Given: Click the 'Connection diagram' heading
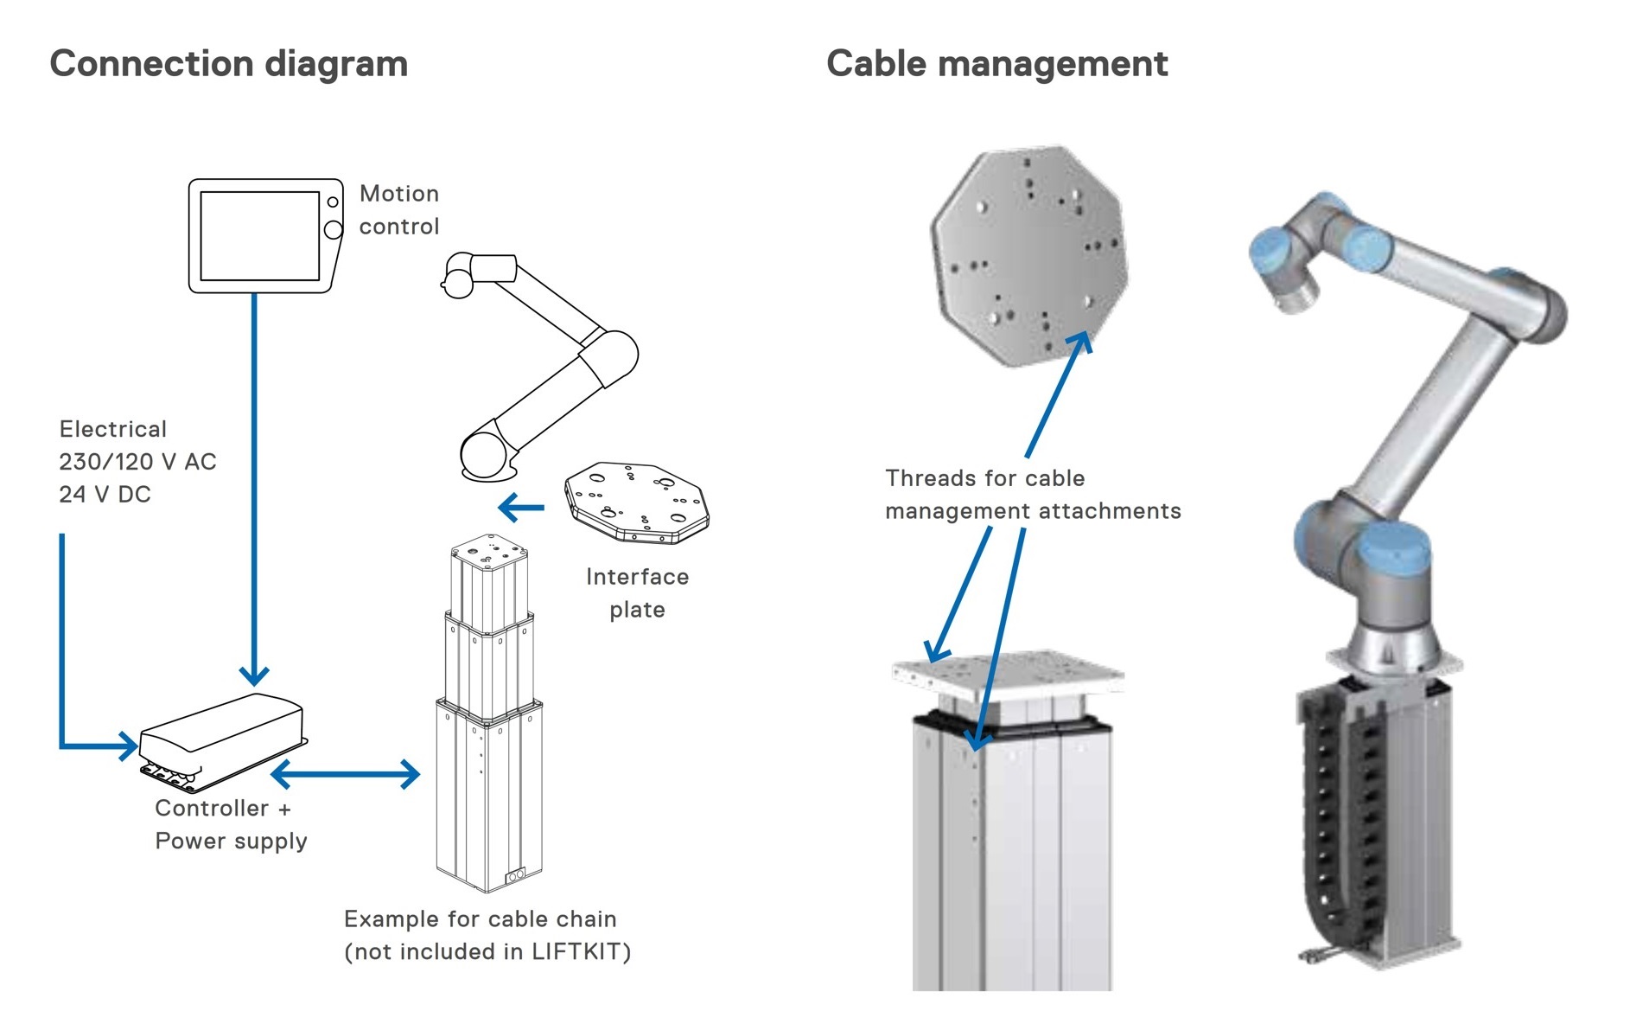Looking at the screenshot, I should click(228, 64).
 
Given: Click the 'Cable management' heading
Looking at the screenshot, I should click(996, 64).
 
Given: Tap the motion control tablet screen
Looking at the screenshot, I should click(259, 235).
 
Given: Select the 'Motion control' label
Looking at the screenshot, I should click(398, 209).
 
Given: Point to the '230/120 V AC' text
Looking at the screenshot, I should click(137, 462).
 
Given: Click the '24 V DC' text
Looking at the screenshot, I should click(105, 495).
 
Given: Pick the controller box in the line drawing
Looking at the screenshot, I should click(222, 740).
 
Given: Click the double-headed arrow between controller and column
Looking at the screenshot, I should click(345, 774).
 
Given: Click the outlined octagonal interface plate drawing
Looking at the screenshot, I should click(637, 502).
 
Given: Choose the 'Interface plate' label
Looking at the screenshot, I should click(637, 593).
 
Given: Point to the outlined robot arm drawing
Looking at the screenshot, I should click(544, 363).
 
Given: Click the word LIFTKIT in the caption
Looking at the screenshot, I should click(577, 952).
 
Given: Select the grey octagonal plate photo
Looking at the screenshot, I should click(1028, 255).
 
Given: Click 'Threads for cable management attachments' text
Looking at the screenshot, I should click(1032, 495).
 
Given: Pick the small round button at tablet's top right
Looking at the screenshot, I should click(332, 202).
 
